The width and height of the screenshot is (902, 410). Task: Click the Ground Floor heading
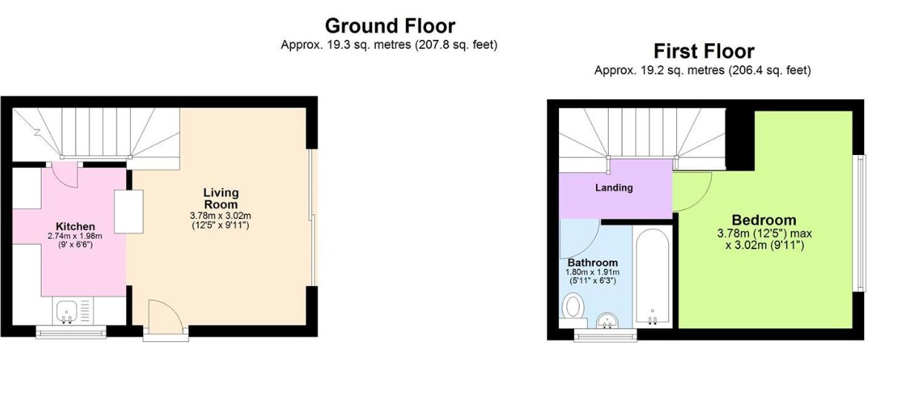pos(390,26)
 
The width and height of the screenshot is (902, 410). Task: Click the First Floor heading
pos(703,51)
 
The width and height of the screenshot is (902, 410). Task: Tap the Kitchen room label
pos(75,226)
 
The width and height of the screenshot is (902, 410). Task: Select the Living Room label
pos(220,199)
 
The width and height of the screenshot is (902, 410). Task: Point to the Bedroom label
pos(763,220)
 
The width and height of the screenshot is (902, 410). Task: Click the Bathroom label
pos(592,262)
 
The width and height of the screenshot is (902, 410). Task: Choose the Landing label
pos(614,188)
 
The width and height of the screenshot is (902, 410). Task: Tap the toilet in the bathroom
pos(573,305)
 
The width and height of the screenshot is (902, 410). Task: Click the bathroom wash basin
pos(607,321)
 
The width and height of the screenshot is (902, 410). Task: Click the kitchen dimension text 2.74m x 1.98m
pos(75,236)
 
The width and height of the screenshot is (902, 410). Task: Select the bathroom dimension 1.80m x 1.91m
pos(592,272)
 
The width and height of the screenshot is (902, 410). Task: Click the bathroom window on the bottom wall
pos(606,335)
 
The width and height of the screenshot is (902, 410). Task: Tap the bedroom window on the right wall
pos(859,222)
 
